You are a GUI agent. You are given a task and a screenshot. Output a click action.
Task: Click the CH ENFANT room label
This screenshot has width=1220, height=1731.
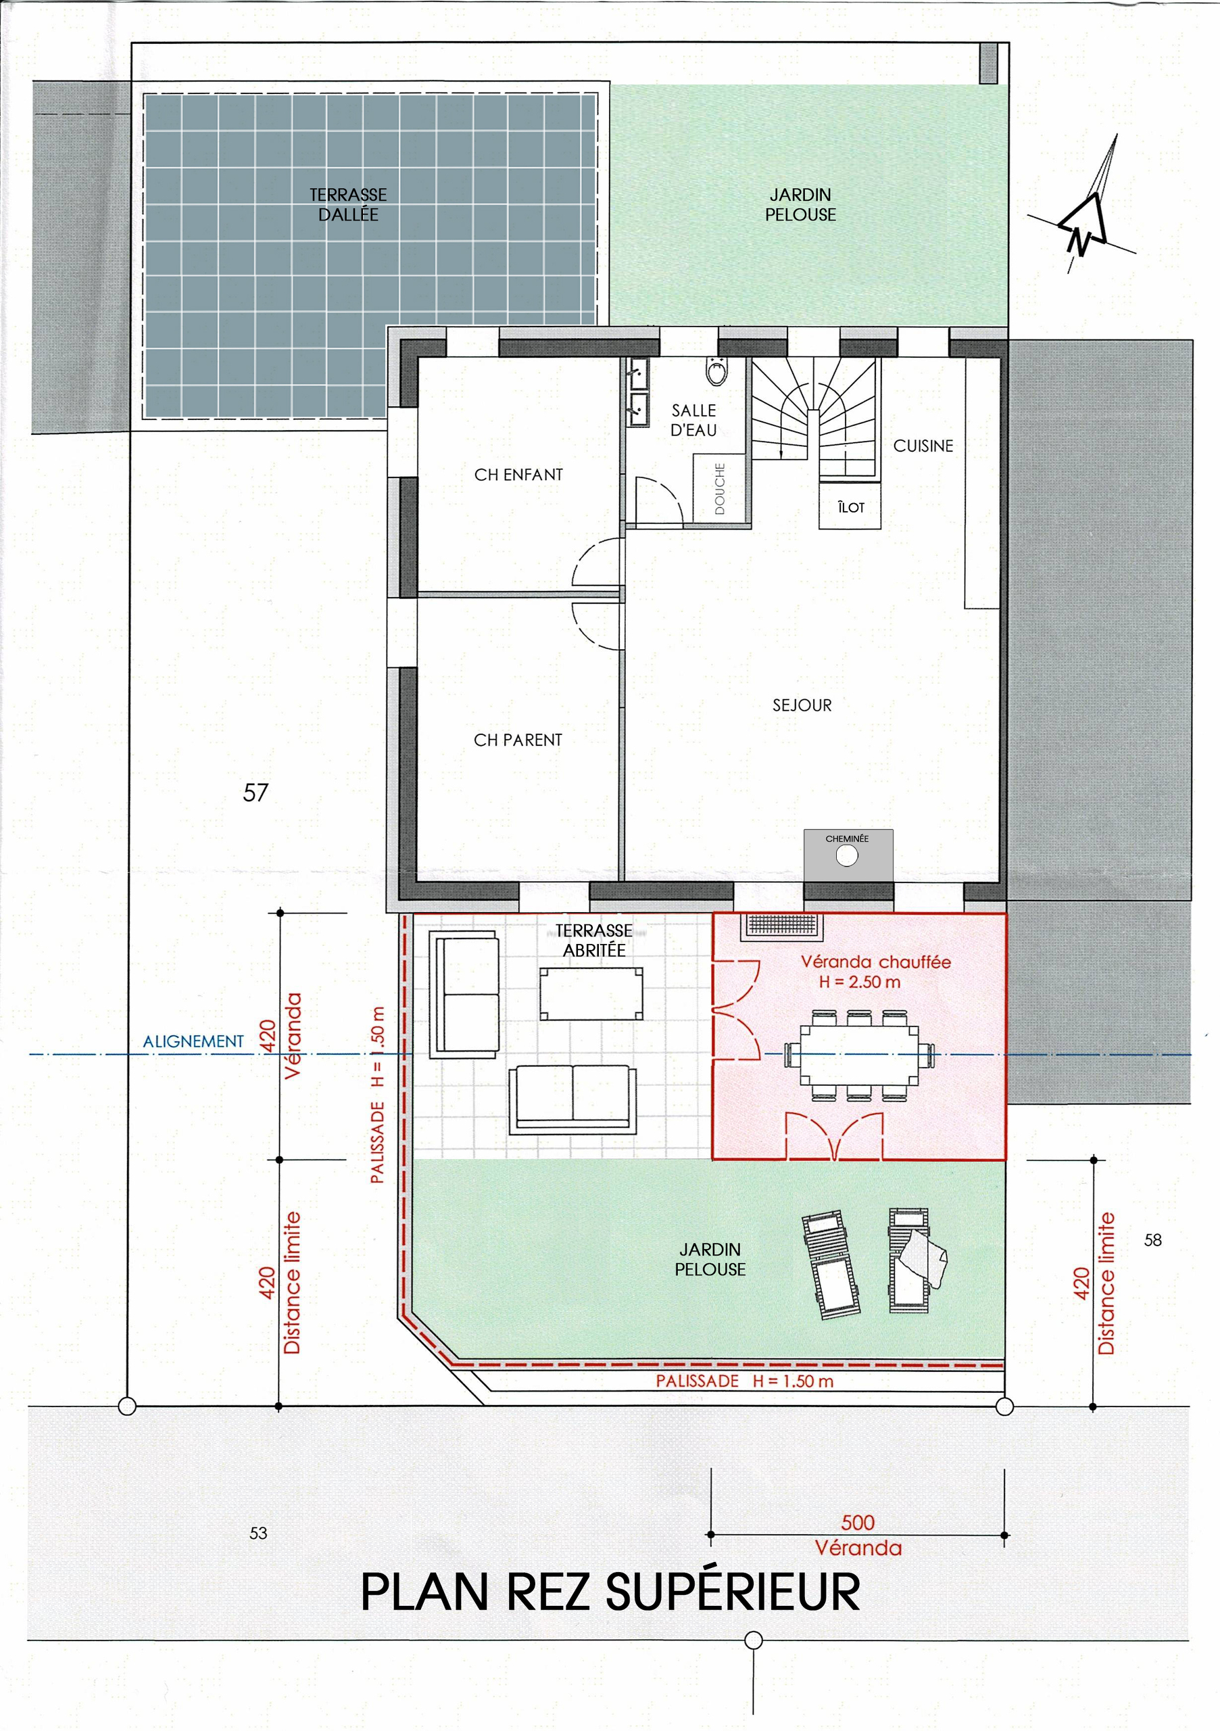[x=518, y=474]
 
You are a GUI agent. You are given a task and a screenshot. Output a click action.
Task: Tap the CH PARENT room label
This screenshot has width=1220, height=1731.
[x=518, y=740]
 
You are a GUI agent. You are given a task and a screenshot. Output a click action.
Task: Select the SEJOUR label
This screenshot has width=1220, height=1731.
[x=802, y=705]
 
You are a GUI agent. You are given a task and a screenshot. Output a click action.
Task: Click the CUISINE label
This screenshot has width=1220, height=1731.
[x=923, y=446]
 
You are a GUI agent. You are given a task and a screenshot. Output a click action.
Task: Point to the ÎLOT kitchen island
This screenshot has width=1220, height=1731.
[x=850, y=505]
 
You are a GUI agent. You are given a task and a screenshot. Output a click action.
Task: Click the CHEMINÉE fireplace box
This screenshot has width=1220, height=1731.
[x=848, y=853]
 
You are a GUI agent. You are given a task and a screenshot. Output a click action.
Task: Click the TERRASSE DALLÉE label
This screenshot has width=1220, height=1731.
[x=348, y=204]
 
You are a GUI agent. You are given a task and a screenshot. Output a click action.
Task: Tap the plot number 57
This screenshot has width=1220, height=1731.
[x=255, y=792]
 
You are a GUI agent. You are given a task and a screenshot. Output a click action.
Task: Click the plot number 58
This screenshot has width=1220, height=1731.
[x=1152, y=1239]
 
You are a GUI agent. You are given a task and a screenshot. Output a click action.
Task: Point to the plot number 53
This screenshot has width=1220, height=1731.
[x=258, y=1533]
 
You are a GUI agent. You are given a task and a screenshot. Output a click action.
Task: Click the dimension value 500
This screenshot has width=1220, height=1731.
[x=858, y=1522]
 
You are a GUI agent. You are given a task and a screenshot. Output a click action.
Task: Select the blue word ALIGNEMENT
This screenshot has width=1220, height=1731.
[x=194, y=1041]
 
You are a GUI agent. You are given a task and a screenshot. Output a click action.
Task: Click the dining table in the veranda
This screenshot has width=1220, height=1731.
[x=858, y=1055]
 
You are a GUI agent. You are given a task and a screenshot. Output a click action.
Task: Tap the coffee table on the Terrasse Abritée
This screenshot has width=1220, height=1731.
[x=591, y=994]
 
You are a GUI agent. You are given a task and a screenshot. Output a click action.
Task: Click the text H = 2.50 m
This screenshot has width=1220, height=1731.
[x=860, y=982]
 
